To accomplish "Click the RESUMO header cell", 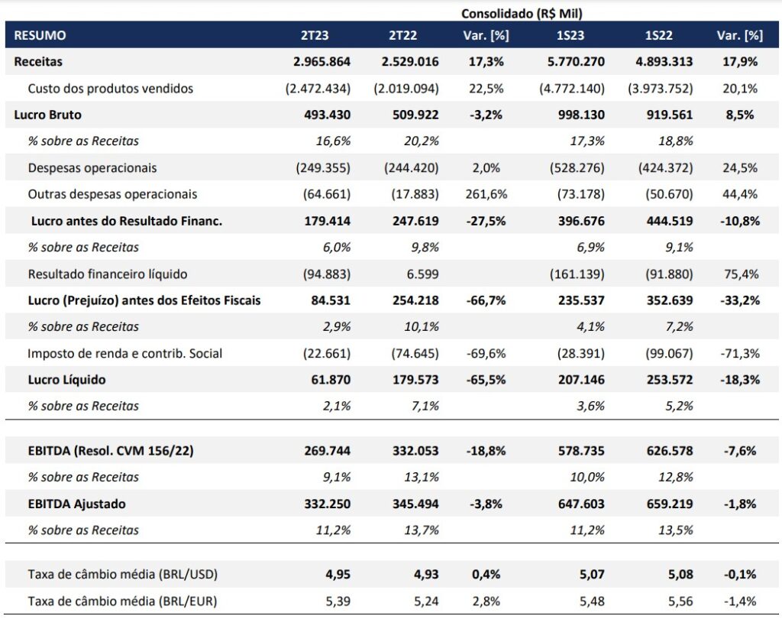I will click(40, 35).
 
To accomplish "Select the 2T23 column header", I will click(315, 35).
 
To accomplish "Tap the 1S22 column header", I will click(658, 35).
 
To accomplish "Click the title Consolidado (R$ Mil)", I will click(522, 13).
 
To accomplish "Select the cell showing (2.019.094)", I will click(406, 89).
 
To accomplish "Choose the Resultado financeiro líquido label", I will click(107, 274).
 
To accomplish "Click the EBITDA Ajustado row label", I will click(76, 504).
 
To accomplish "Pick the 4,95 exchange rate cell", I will click(337, 574).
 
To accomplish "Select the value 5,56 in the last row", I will click(680, 601).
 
